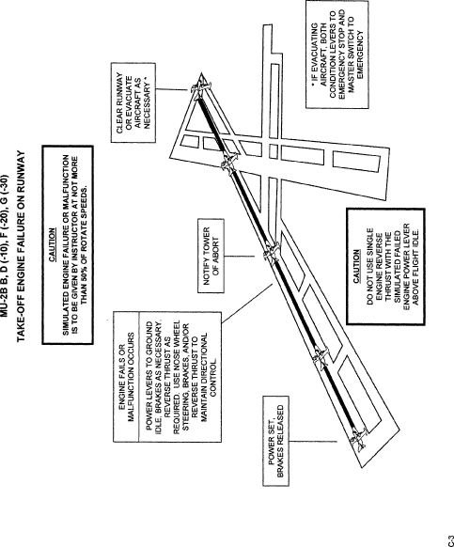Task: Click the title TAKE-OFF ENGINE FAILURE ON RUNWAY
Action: tap(21, 246)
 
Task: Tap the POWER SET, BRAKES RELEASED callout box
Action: tap(275, 441)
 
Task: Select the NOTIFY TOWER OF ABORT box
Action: tap(211, 256)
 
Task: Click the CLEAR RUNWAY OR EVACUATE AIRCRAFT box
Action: tap(133, 102)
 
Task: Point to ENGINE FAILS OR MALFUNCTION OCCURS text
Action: tap(126, 378)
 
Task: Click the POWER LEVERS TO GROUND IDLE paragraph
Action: tap(180, 377)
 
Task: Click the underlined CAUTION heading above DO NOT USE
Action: tap(356, 266)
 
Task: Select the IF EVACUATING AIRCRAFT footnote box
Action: tap(337, 55)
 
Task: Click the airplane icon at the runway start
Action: tap(359, 439)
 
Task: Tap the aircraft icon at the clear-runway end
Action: tap(199, 86)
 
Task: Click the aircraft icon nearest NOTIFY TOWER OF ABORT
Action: tap(272, 253)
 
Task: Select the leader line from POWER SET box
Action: tap(313, 442)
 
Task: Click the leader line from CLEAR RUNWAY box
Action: tap(172, 89)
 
